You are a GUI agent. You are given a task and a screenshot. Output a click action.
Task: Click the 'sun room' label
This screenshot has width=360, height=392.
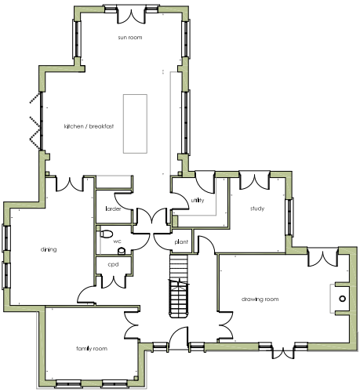pyautogui.click(x=130, y=38)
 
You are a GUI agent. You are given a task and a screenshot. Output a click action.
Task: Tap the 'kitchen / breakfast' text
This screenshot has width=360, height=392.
pyautogui.click(x=89, y=126)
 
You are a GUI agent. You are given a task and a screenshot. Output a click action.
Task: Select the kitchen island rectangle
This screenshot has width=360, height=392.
pyautogui.click(x=135, y=124)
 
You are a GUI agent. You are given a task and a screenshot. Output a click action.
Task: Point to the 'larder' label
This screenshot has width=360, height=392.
pyautogui.click(x=113, y=209)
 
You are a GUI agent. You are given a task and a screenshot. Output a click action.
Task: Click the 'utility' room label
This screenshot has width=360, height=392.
pyautogui.click(x=198, y=200)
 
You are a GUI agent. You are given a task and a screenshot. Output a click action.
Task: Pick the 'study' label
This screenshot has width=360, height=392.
pyautogui.click(x=257, y=209)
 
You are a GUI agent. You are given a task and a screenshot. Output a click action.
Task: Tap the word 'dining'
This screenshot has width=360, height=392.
pyautogui.click(x=49, y=249)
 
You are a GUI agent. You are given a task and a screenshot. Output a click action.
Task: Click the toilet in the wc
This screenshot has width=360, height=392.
pyautogui.click(x=106, y=234)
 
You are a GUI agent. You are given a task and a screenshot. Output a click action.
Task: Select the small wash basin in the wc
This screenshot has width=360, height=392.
pyautogui.click(x=122, y=251)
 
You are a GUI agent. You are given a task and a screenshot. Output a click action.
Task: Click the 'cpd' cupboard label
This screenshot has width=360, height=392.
pyautogui.click(x=113, y=264)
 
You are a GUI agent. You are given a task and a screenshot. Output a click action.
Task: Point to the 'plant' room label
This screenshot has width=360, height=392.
pyautogui.click(x=181, y=242)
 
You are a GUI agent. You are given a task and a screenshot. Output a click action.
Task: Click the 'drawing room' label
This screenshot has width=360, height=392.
pyautogui.click(x=260, y=299)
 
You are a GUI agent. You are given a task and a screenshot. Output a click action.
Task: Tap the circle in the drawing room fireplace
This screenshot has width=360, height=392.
pyautogui.click(x=342, y=299)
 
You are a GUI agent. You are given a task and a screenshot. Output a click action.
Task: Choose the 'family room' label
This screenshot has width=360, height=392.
pyautogui.click(x=92, y=349)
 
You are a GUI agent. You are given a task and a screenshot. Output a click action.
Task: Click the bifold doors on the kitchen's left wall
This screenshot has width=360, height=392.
pyautogui.click(x=35, y=121)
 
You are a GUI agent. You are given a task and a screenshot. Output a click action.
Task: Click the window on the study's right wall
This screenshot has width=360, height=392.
pyautogui.click(x=289, y=216)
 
